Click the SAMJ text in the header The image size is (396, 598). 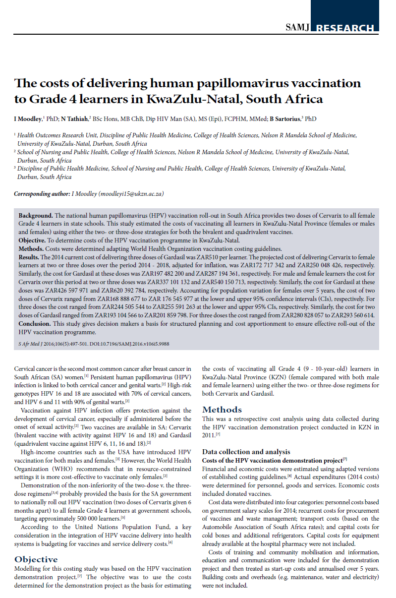pos(297,28)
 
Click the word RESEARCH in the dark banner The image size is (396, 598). pos(345,28)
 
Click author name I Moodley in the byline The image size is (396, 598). pos(29,119)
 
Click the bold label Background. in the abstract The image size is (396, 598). pos(36,217)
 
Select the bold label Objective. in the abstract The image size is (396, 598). pos(34,240)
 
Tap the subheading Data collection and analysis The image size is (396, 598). pos(246,452)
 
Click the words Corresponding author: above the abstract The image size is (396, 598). pos(42,194)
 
